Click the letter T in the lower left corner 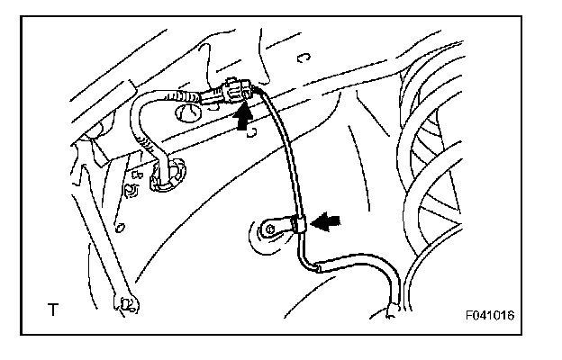[53, 310]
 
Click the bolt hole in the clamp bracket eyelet [267, 231]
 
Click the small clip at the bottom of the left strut [125, 305]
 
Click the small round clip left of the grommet [132, 190]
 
